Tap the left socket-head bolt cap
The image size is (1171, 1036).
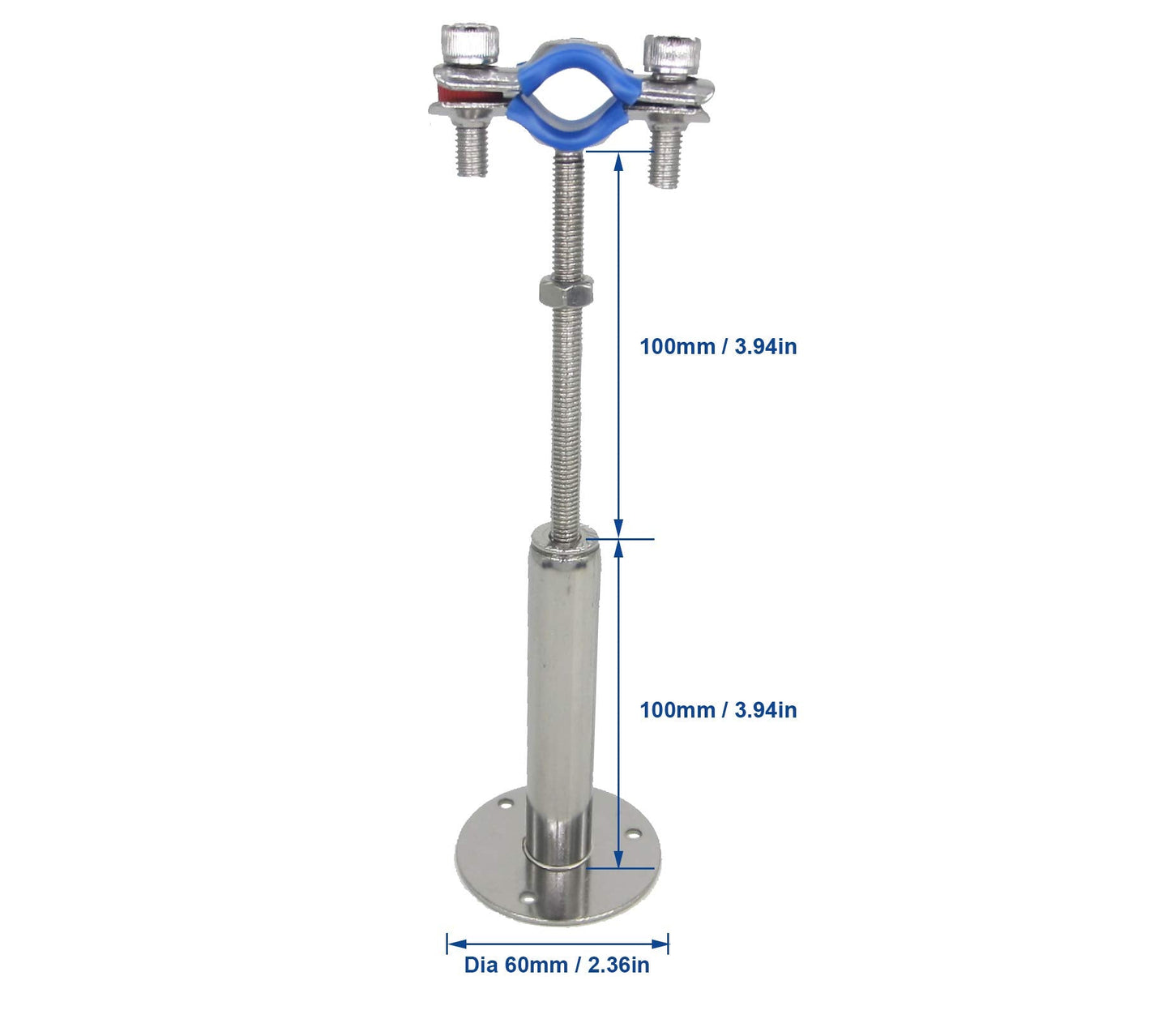coord(470,43)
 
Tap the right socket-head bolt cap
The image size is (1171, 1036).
coord(671,54)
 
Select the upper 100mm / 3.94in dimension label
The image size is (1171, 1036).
coord(718,346)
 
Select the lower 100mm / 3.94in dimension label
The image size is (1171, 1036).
coord(718,709)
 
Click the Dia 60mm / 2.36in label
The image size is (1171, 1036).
coord(557,965)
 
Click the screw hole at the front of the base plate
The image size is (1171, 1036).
coord(527,898)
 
